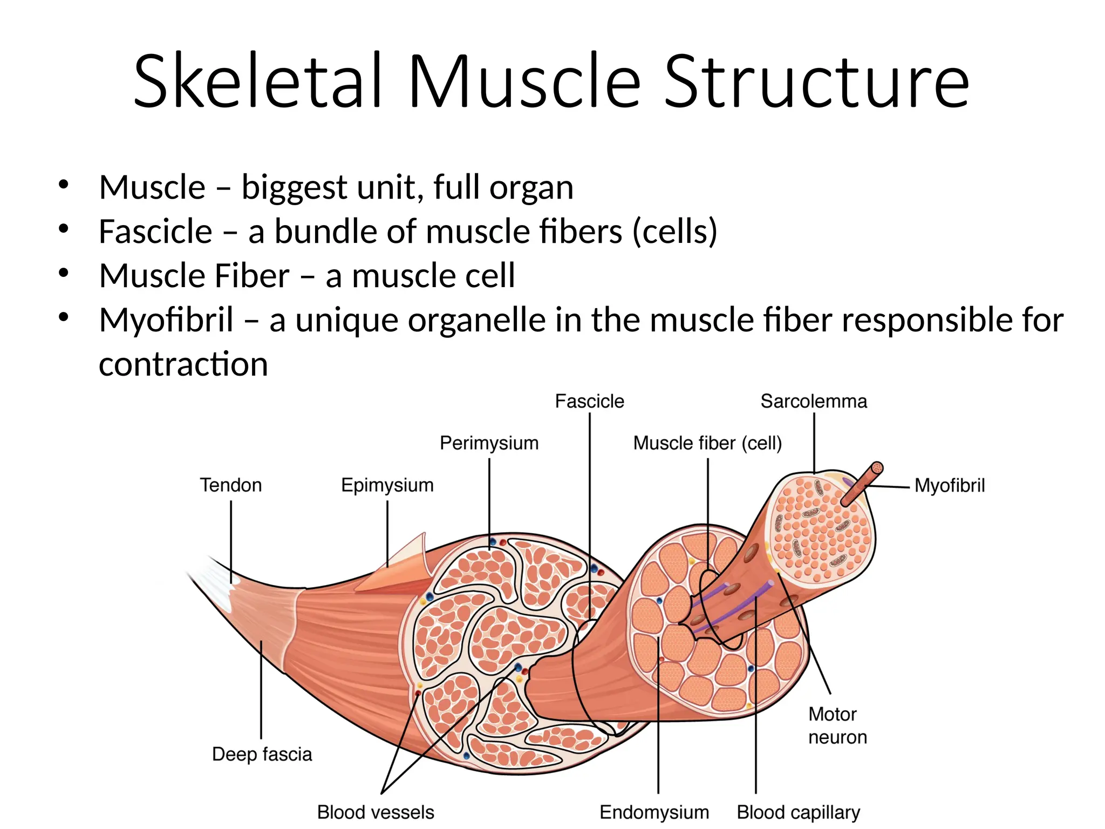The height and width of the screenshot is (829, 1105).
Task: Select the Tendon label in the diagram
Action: tap(231, 485)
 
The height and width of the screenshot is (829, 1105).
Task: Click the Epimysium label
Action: tap(387, 485)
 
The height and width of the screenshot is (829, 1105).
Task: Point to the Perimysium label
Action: tap(489, 443)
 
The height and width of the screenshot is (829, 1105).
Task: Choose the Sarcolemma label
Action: tap(814, 402)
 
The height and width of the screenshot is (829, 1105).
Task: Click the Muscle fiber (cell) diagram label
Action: tap(707, 443)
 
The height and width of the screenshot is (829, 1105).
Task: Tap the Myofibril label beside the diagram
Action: tap(950, 486)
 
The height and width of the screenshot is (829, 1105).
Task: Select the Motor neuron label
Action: tap(837, 725)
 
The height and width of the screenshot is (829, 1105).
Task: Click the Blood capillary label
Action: tap(798, 812)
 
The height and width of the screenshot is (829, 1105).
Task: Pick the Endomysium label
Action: tap(654, 812)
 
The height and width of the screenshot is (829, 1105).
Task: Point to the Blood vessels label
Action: tap(376, 812)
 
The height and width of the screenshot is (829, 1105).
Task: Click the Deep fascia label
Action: tap(262, 754)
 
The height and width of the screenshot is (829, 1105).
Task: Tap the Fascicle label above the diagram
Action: tap(589, 402)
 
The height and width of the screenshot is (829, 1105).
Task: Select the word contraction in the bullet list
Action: tap(183, 364)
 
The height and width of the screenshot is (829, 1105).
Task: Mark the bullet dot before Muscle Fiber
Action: tap(64, 273)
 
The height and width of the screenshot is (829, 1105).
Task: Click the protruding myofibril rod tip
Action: tap(877, 468)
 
